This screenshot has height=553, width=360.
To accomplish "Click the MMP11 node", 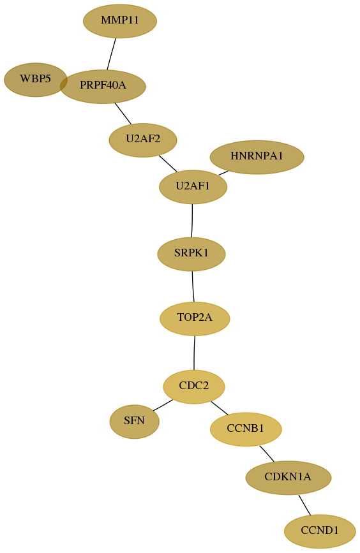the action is [x=120, y=21].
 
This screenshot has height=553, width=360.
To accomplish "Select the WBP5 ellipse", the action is [x=36, y=80].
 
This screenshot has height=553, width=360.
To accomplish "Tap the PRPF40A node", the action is [x=103, y=86].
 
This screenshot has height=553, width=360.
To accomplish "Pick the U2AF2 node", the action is [x=143, y=140].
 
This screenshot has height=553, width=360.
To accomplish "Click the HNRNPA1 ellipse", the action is [x=257, y=157].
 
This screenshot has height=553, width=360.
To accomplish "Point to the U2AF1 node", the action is [x=193, y=187].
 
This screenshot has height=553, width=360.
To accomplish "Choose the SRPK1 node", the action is [x=191, y=254].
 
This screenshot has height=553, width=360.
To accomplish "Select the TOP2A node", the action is [x=195, y=318].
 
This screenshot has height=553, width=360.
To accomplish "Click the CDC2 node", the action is [x=194, y=387].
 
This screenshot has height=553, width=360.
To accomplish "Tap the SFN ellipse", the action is [x=135, y=422].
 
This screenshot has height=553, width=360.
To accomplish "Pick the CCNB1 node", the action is [x=246, y=429].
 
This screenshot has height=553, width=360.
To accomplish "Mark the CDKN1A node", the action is [x=289, y=478].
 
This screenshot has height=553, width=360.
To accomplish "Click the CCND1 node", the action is [x=320, y=531].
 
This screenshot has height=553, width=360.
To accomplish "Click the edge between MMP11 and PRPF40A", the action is [x=112, y=54].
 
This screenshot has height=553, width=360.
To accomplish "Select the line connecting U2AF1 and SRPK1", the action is [x=192, y=221].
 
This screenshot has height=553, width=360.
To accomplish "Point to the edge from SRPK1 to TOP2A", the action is [x=193, y=286].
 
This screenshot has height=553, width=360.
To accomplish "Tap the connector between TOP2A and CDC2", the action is [x=194, y=353].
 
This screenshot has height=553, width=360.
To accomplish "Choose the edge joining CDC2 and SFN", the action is [x=163, y=405].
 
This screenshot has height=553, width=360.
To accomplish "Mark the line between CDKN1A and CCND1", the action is [x=304, y=505].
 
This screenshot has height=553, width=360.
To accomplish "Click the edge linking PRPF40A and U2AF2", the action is [x=123, y=114].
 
